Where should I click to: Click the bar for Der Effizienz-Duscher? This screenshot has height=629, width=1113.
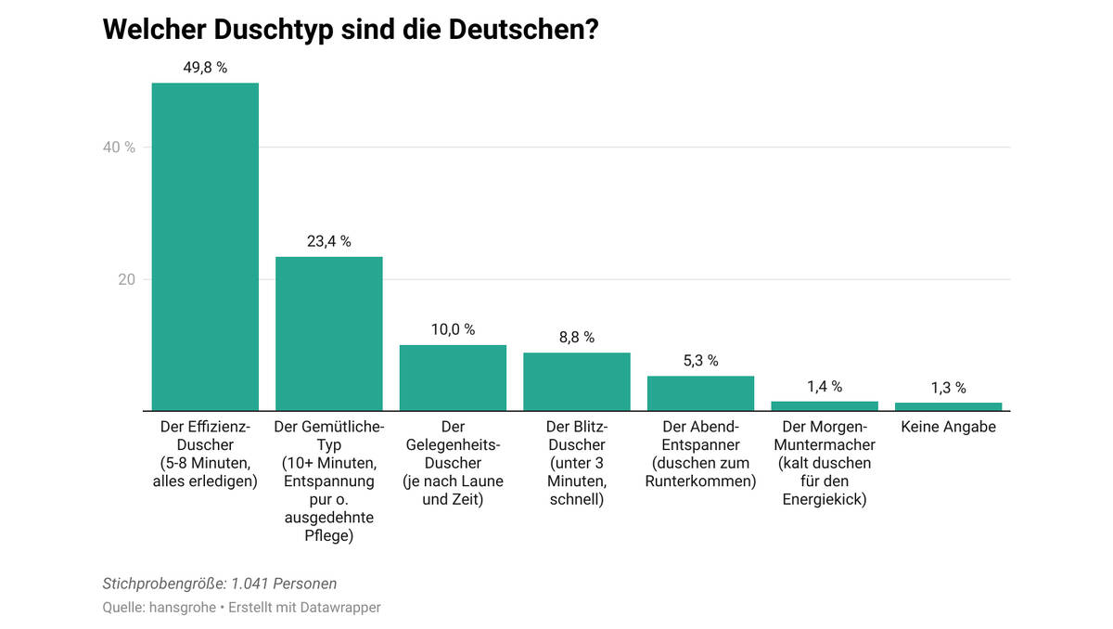pyautogui.click(x=205, y=247)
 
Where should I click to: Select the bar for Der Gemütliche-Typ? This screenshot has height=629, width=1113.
pyautogui.click(x=329, y=334)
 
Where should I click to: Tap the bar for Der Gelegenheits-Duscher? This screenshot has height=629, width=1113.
pyautogui.click(x=453, y=378)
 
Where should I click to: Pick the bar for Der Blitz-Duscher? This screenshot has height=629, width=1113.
pyautogui.click(x=577, y=381)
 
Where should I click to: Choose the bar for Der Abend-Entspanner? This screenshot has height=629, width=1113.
pyautogui.click(x=700, y=393)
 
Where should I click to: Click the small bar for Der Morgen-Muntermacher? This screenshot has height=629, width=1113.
pyautogui.click(x=825, y=405)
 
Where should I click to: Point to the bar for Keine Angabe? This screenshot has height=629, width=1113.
pyautogui.click(x=948, y=406)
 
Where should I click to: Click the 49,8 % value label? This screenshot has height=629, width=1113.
pyautogui.click(x=205, y=68)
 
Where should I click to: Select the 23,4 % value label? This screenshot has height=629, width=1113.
pyautogui.click(x=329, y=241)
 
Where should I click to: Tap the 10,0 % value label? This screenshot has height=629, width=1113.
pyautogui.click(x=453, y=329)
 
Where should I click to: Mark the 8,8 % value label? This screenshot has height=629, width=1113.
pyautogui.click(x=577, y=338)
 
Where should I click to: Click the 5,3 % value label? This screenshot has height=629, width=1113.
pyautogui.click(x=700, y=361)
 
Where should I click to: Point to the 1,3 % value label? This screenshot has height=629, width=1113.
pyautogui.click(x=948, y=388)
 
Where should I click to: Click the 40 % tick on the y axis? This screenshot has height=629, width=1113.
pyautogui.click(x=119, y=148)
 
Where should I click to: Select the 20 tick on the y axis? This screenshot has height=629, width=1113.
pyautogui.click(x=126, y=279)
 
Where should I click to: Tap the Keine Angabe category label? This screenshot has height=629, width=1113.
pyautogui.click(x=948, y=427)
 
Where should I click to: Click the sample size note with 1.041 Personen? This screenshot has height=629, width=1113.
pyautogui.click(x=220, y=584)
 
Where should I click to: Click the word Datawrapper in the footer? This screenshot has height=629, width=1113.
pyautogui.click(x=340, y=608)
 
